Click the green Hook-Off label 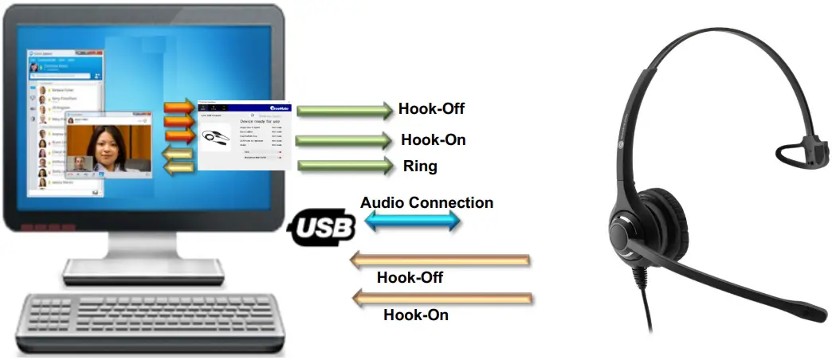(x=431, y=109)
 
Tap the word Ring (x=419, y=166)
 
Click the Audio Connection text (x=426, y=202)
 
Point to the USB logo (x=322, y=227)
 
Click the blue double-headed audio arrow (x=413, y=222)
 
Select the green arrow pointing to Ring (x=347, y=166)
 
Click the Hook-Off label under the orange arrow (x=410, y=277)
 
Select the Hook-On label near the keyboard (x=416, y=315)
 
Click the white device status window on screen (x=245, y=135)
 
